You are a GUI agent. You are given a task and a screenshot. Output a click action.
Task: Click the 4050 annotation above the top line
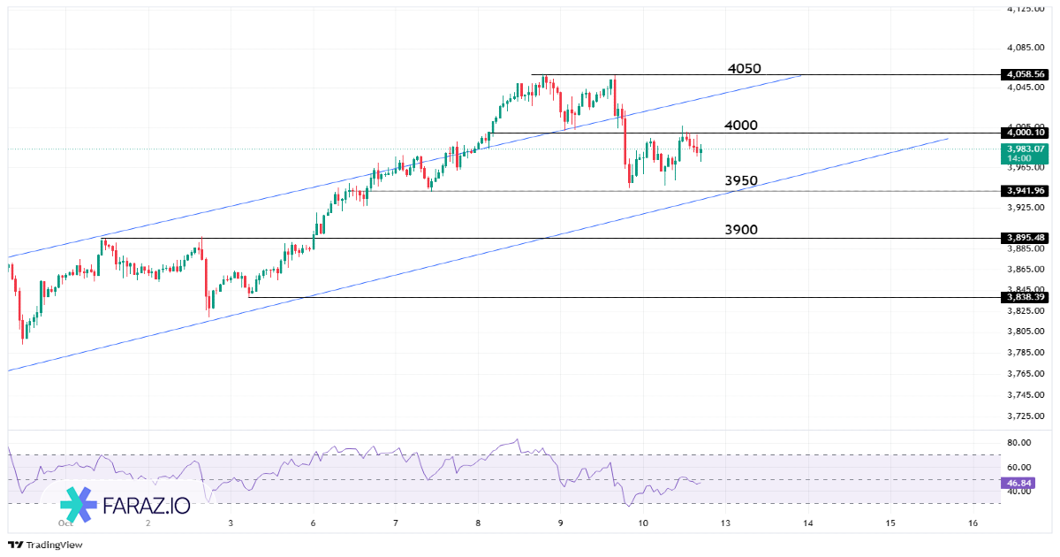click(744, 69)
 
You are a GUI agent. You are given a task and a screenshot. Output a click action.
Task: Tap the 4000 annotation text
click(740, 126)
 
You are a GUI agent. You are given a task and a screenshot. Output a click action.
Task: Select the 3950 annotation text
click(741, 181)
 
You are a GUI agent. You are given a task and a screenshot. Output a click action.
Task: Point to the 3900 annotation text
click(741, 230)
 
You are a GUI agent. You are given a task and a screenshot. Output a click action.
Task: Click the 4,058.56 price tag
click(1025, 74)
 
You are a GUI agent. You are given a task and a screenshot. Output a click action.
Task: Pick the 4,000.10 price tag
click(1025, 133)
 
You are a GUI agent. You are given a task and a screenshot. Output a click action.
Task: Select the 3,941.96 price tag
click(1025, 191)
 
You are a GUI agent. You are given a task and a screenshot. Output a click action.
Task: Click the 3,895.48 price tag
click(1025, 238)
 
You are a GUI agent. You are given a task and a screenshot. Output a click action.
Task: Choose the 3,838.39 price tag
click(1025, 297)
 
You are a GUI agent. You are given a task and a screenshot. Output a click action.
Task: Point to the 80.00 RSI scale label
click(1019, 443)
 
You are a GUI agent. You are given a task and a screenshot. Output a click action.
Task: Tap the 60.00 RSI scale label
click(1019, 467)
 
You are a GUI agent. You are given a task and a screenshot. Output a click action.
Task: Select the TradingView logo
click(45, 545)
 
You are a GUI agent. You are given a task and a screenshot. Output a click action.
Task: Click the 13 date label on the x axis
click(725, 523)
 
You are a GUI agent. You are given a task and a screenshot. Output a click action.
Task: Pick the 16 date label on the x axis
click(973, 523)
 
